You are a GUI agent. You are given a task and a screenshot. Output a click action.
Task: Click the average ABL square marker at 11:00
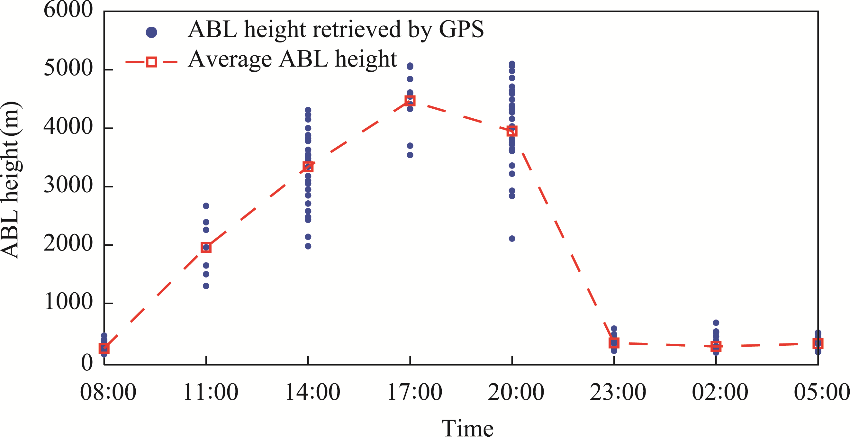(206, 247)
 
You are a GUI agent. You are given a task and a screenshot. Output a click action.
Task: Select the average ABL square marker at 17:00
(410, 101)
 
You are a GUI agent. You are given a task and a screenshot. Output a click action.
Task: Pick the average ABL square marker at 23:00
(614, 343)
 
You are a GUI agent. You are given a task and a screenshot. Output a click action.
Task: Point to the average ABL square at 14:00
(308, 167)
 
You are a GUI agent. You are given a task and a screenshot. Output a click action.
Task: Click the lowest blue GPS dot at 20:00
(512, 239)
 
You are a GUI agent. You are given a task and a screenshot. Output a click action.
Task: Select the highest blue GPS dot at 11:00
(206, 206)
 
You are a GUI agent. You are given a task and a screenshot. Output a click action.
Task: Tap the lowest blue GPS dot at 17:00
(410, 155)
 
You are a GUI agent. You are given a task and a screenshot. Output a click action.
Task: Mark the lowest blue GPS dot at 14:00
(308, 246)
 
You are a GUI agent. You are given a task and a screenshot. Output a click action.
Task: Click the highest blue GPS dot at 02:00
(716, 323)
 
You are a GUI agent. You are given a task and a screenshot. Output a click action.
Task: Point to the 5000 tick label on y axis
(68, 68)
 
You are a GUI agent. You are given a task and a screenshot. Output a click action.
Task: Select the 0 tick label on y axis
(87, 363)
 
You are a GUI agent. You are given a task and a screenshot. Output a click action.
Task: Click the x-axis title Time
(467, 428)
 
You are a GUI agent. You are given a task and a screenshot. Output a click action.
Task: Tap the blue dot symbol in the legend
(151, 32)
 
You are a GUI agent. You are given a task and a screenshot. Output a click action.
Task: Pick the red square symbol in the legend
(151, 62)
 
